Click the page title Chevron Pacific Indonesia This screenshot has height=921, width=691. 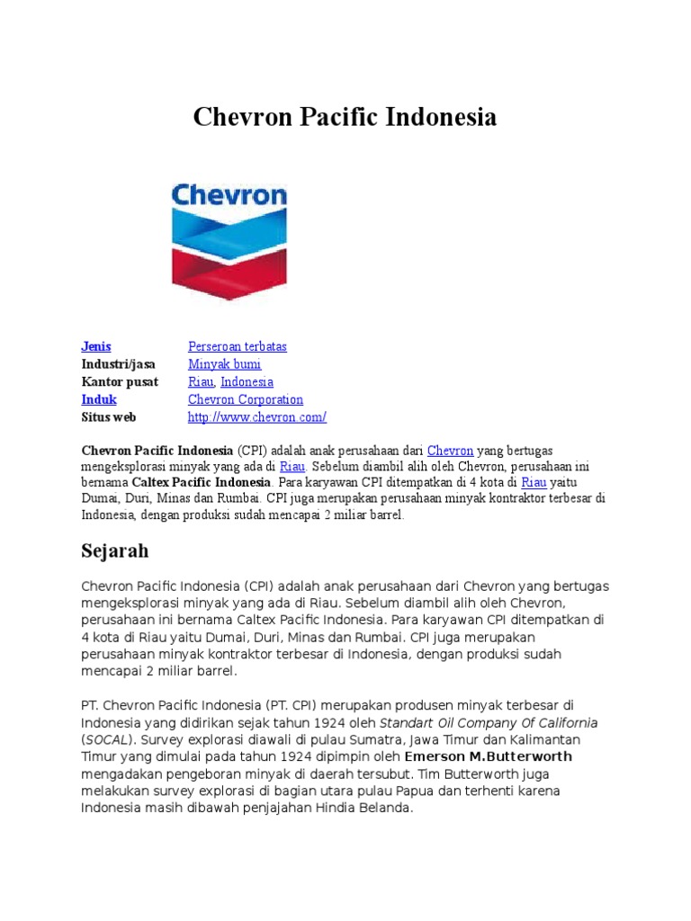point(345,117)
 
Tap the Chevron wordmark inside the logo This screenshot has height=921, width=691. point(229,195)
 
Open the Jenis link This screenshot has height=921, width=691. point(96,346)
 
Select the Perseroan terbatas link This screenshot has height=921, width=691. point(238,346)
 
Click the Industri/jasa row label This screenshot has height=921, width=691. point(118,364)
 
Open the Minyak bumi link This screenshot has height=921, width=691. point(224,364)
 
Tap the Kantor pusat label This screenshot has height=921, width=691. point(120,381)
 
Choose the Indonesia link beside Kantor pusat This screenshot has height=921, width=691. point(247,381)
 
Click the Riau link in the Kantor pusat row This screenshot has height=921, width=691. point(201,381)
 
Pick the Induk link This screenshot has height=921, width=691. point(99,399)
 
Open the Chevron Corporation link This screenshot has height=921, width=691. point(246,399)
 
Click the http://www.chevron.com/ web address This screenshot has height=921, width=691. point(257,417)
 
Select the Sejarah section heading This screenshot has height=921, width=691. point(115,550)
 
